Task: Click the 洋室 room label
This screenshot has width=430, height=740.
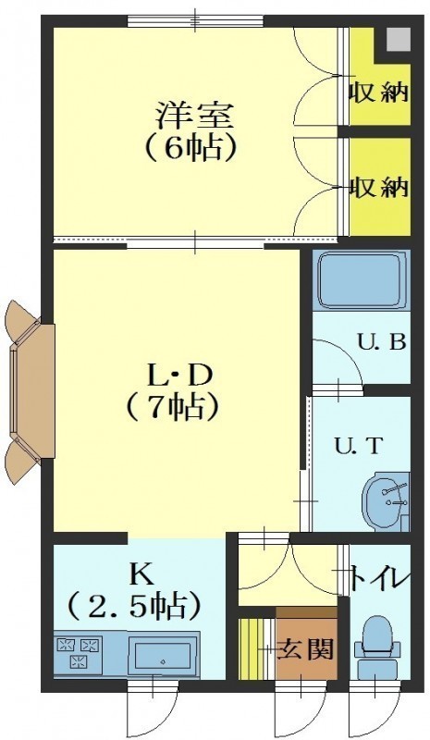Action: point(195,116)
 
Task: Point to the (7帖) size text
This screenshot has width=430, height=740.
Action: point(172,407)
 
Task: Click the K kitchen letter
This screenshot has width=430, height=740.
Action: point(140,574)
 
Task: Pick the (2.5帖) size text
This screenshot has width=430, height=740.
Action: point(134,606)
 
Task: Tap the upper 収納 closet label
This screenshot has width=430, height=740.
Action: point(378,92)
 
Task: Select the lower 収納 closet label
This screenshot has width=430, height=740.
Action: point(378,188)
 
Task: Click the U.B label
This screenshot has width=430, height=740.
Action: point(381,341)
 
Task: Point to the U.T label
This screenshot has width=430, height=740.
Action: point(357,446)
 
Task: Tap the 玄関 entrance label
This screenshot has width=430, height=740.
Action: point(305,650)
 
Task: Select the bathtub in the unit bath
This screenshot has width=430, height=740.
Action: point(362,280)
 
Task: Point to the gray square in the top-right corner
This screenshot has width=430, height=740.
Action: point(399,39)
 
